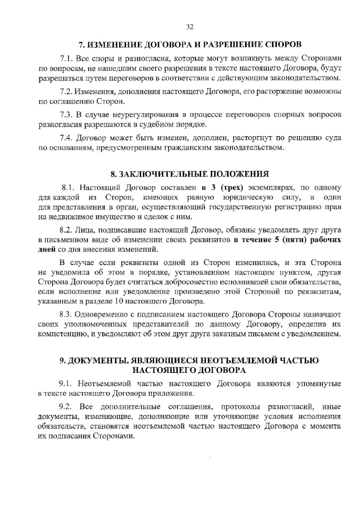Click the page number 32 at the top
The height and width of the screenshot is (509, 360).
[x=190, y=26]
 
